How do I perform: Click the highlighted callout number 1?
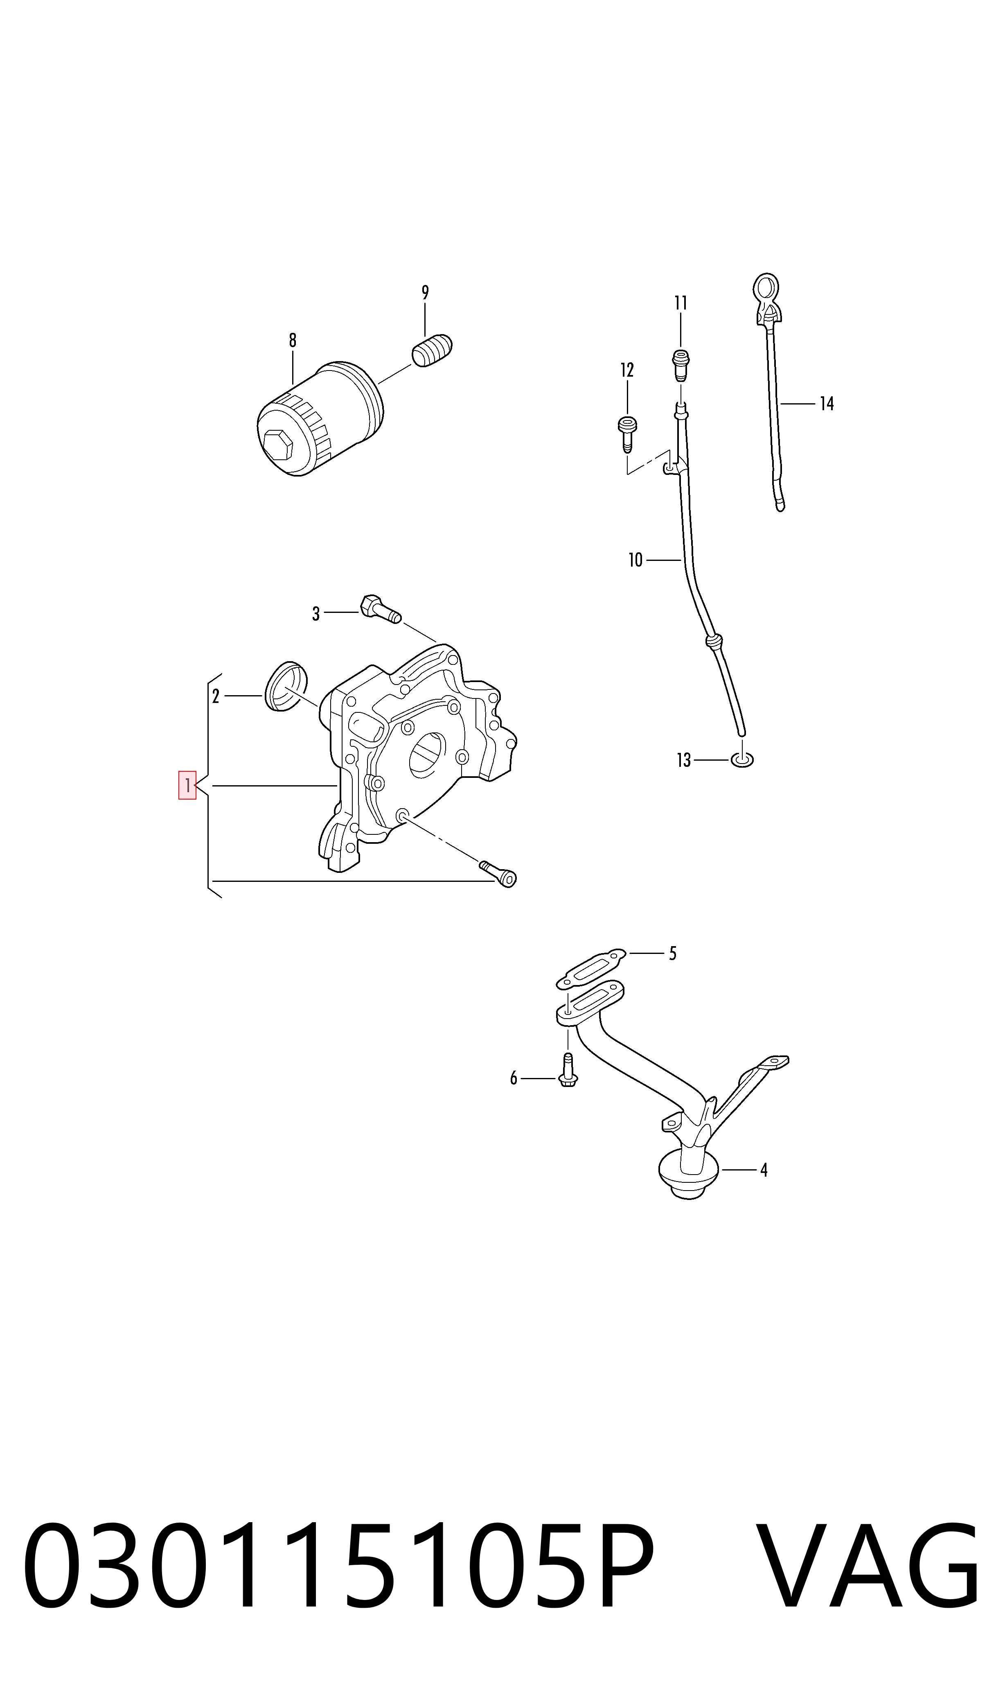[x=187, y=785]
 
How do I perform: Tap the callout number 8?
[x=293, y=340]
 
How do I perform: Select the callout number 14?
[x=827, y=404]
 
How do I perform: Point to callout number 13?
[x=684, y=760]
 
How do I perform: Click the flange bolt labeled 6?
[x=568, y=1070]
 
